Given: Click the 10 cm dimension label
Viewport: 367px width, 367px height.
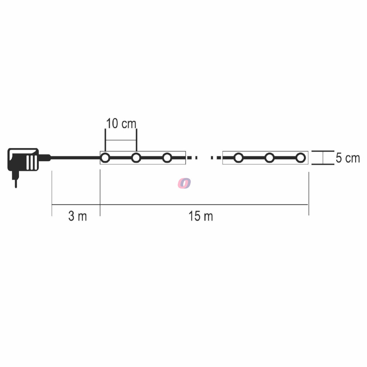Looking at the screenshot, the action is tap(121, 123).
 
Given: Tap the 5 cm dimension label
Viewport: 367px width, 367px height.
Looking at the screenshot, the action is tap(348, 158).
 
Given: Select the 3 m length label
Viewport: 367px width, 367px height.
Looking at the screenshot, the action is tap(77, 216).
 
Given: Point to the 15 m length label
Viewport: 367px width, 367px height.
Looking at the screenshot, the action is tap(201, 216).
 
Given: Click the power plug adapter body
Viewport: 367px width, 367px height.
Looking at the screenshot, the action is tap(23, 159).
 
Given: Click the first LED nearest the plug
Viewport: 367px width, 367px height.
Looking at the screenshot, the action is tap(105, 158).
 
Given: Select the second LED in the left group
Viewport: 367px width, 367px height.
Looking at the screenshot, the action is tap(136, 158).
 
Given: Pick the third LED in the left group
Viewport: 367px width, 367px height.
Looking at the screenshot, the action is tap(167, 158).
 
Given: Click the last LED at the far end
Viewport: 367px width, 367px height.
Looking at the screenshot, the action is tap(301, 158).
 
